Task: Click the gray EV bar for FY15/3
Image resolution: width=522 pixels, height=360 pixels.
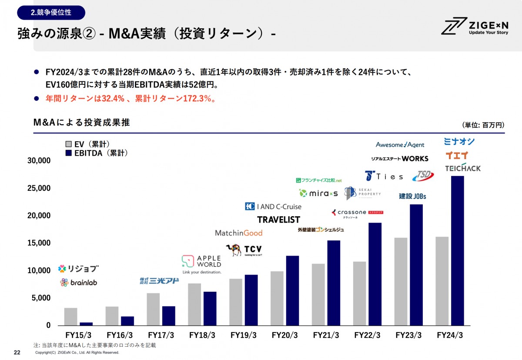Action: [70, 317]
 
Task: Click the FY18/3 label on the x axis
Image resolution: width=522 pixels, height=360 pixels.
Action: [202, 335]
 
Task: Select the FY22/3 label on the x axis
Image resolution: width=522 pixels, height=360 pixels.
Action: [367, 335]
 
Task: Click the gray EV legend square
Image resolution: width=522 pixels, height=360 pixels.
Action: [68, 144]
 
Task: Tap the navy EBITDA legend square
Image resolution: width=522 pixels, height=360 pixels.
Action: [68, 153]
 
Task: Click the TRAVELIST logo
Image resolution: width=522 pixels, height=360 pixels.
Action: [278, 220]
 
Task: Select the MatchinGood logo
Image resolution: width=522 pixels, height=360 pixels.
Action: [239, 233]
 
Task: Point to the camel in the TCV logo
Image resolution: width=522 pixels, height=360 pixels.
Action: [234, 250]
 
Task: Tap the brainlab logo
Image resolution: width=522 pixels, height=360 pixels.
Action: [78, 283]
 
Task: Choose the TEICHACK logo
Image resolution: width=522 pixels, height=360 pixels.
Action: [463, 168]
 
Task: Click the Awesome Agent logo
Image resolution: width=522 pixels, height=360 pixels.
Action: [400, 144]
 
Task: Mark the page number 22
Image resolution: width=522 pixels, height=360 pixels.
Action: [17, 352]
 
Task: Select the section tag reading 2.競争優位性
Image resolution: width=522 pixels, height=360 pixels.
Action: [51, 13]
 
